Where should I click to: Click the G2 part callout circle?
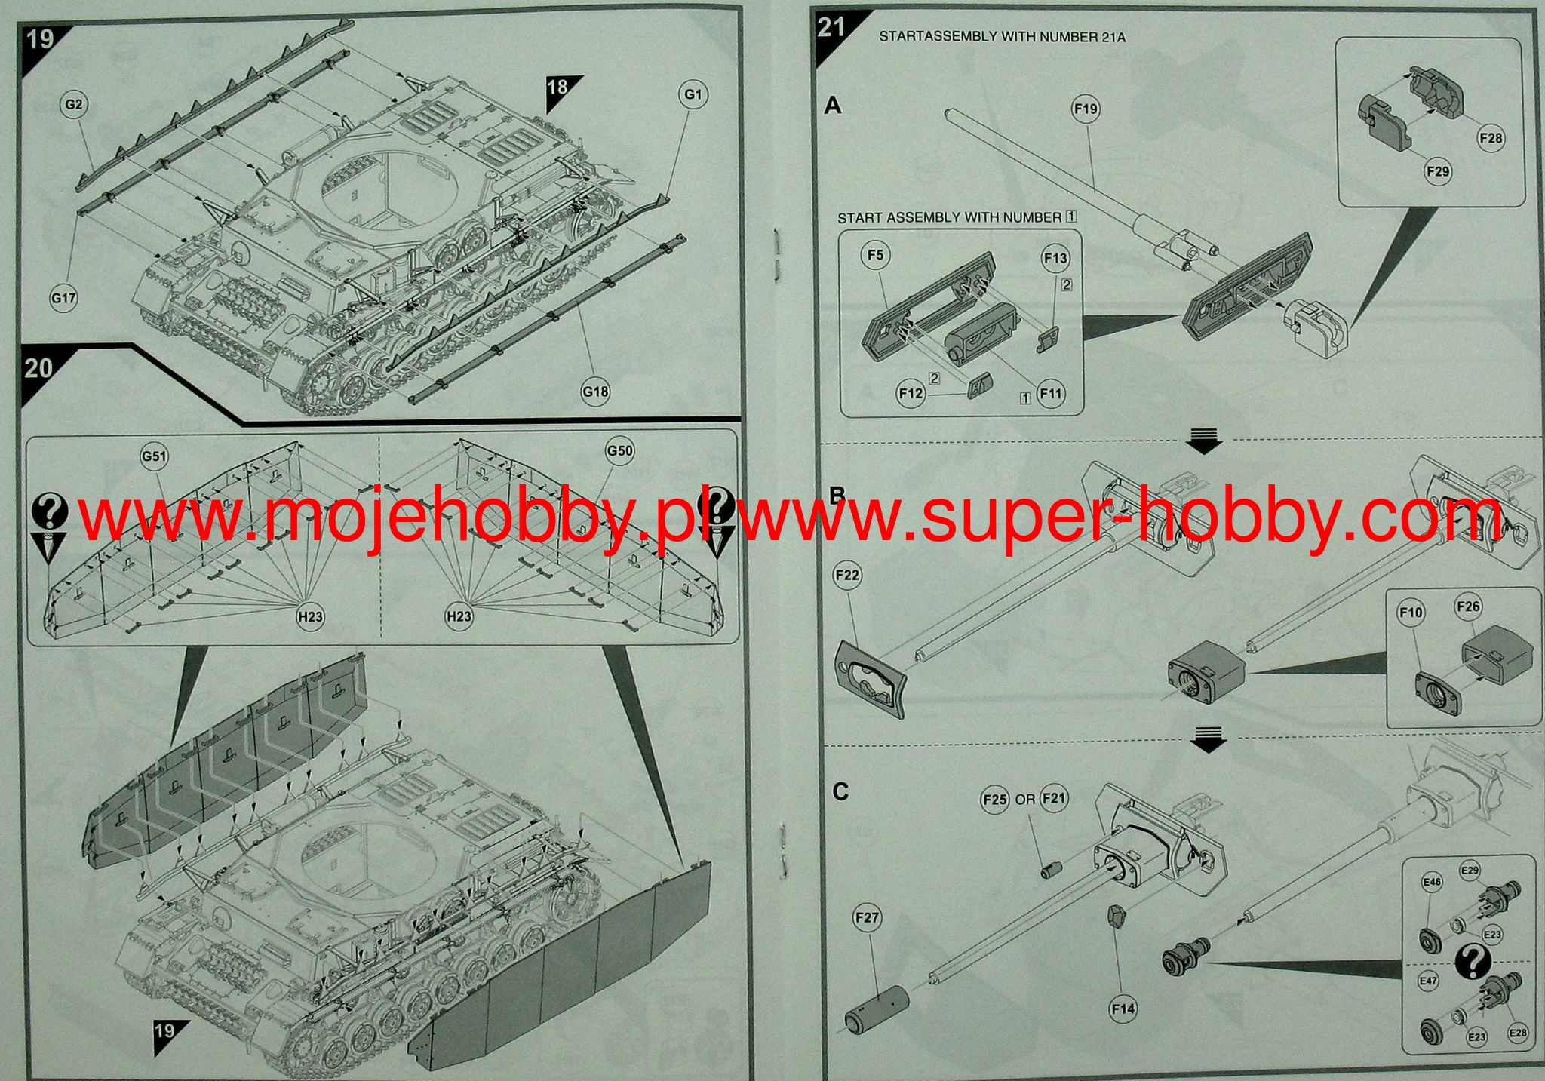pos(73,105)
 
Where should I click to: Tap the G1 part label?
pos(693,94)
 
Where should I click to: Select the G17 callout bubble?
pos(63,298)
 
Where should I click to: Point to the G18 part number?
pos(595,392)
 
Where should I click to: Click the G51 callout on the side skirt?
pos(154,456)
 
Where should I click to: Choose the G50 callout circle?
pos(619,451)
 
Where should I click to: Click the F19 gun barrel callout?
pos(1086,109)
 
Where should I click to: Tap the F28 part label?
pos(1491,138)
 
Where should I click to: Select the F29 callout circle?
pos(1438,171)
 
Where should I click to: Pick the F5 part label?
pos(875,255)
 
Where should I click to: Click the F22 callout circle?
pos(847,576)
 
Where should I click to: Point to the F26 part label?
pos(1468,607)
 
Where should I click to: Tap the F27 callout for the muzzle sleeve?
pos(868,917)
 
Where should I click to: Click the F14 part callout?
pos(1123,1009)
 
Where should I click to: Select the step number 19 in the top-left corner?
pos(41,38)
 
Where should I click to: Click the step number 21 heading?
pos(831,28)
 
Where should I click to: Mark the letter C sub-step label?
pos(840,792)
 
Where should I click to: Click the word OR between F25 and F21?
pos(1024,800)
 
